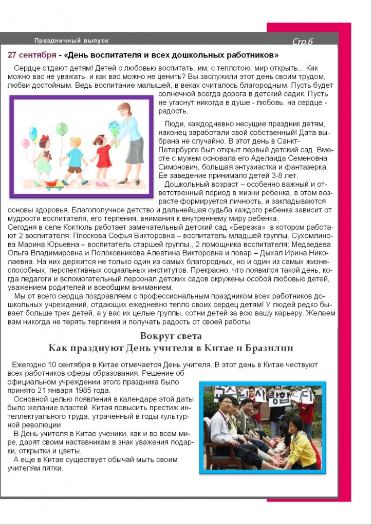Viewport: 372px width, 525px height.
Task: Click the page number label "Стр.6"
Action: (x=303, y=42)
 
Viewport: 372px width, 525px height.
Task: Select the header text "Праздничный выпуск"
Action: (x=71, y=41)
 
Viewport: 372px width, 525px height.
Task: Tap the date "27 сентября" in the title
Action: (x=32, y=55)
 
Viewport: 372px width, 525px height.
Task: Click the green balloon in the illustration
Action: (x=62, y=129)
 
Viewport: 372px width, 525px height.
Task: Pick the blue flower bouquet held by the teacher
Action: (x=114, y=128)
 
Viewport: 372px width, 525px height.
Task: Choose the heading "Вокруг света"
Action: (x=171, y=336)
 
